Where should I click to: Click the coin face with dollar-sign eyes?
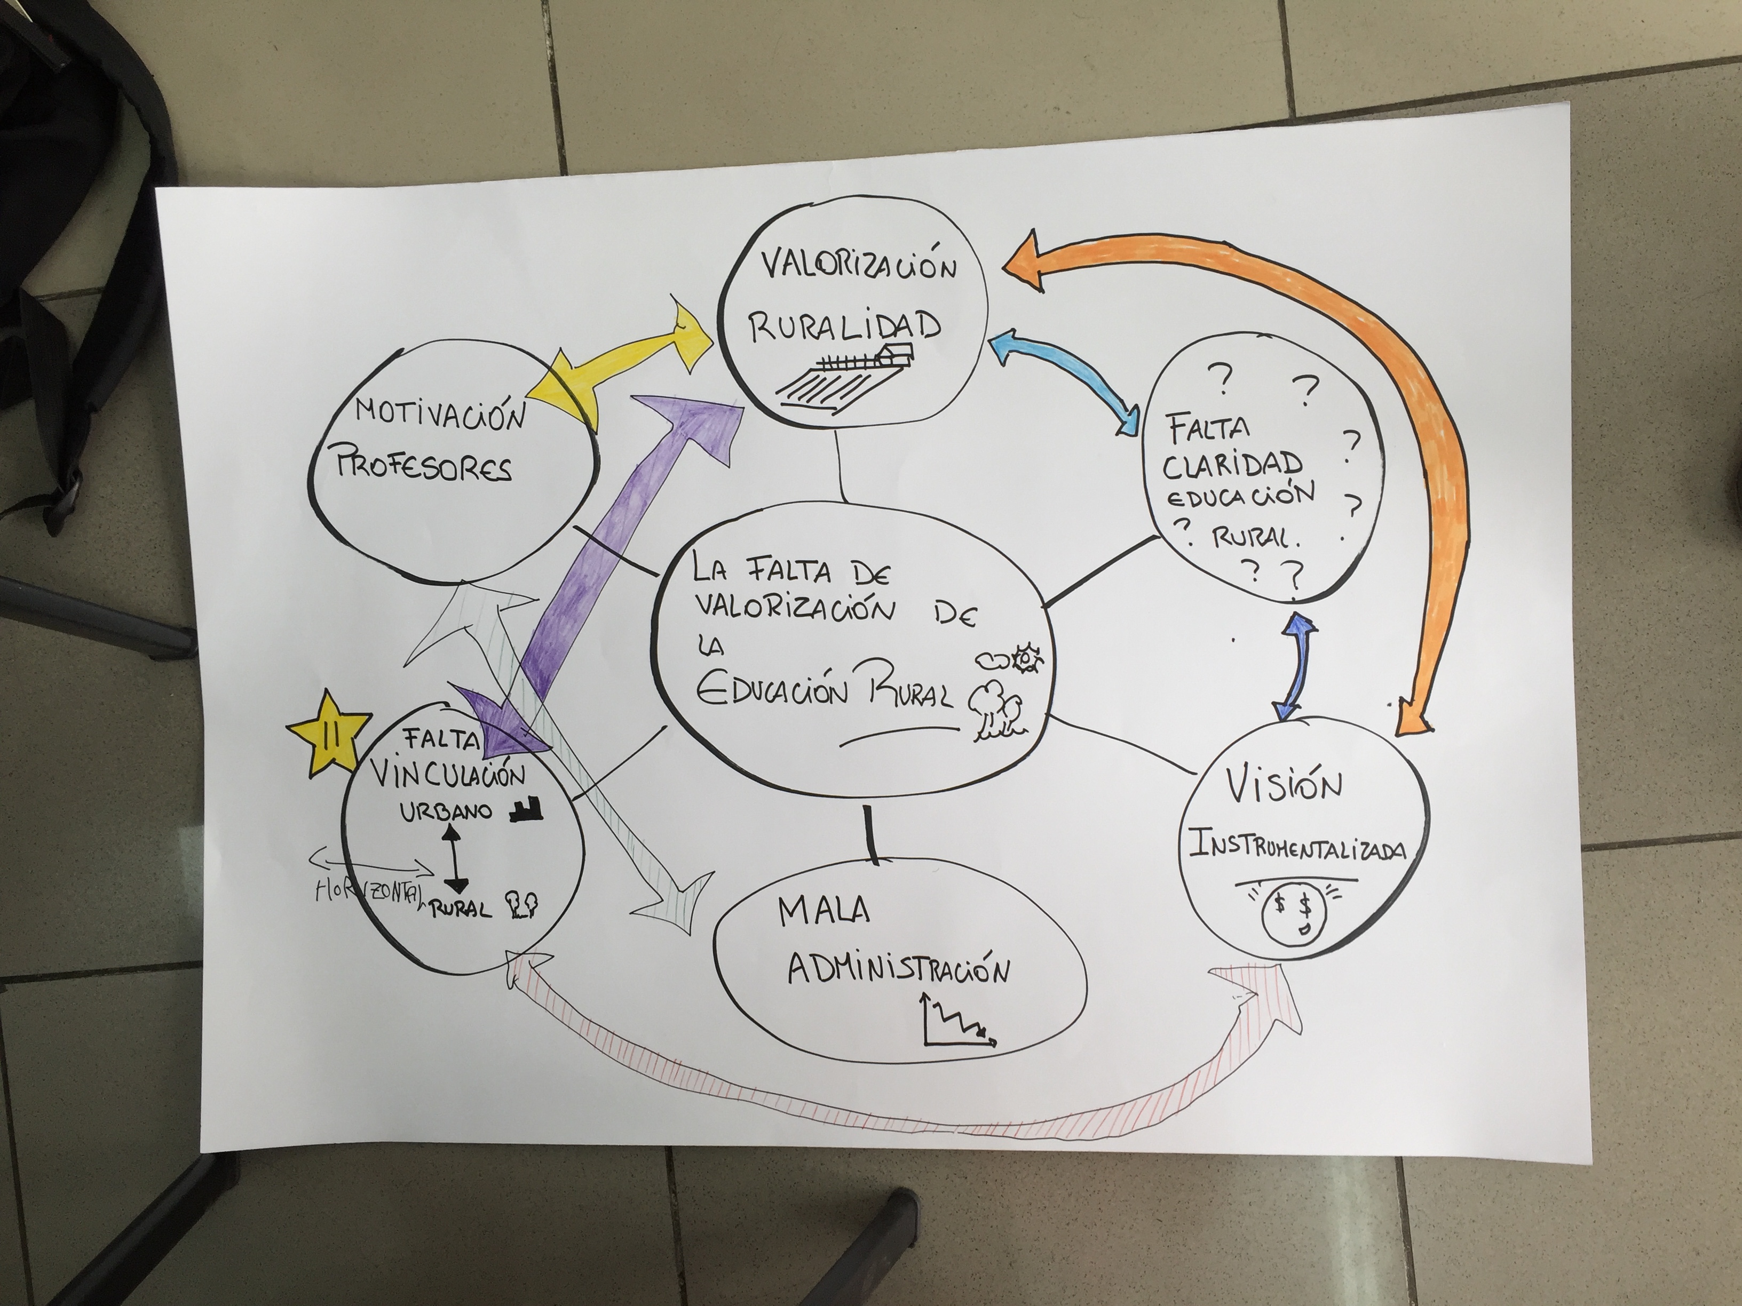click(x=1294, y=915)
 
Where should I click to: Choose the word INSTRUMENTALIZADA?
click(x=1297, y=849)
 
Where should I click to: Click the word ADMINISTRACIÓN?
click(x=898, y=970)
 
